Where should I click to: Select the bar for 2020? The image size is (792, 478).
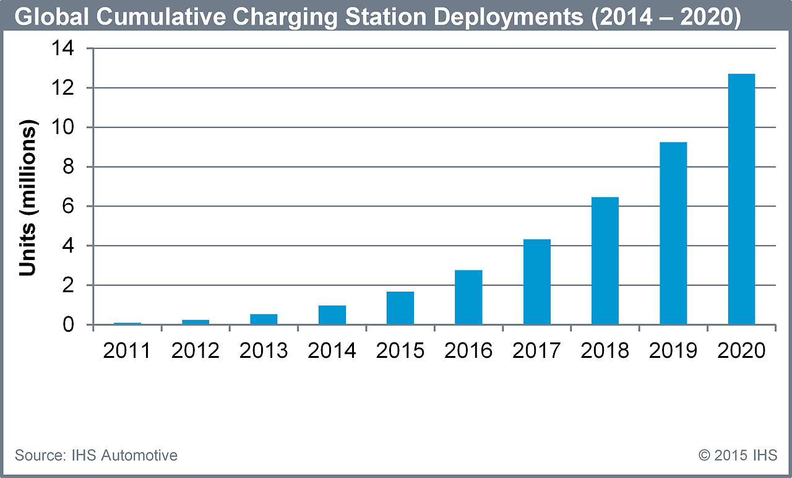(x=741, y=199)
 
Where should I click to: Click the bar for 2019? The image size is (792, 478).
(x=673, y=233)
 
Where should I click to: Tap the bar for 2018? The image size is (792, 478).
(x=605, y=261)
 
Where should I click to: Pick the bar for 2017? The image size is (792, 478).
(x=536, y=282)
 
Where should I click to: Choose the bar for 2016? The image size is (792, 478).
(x=468, y=297)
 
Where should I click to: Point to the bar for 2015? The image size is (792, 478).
(x=400, y=308)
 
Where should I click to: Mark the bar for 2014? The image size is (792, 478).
(x=332, y=315)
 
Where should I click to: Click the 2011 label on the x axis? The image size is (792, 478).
(x=127, y=351)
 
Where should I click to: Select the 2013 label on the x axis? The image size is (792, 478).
(x=264, y=351)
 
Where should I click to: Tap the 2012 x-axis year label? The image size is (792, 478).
(x=196, y=351)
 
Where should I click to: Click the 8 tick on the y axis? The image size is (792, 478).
(x=76, y=167)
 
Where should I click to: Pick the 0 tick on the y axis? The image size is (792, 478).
(x=76, y=324)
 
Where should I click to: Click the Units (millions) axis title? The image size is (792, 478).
(x=28, y=197)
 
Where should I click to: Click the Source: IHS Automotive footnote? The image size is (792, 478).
(x=96, y=456)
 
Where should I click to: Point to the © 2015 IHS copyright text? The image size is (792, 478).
(x=738, y=456)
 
